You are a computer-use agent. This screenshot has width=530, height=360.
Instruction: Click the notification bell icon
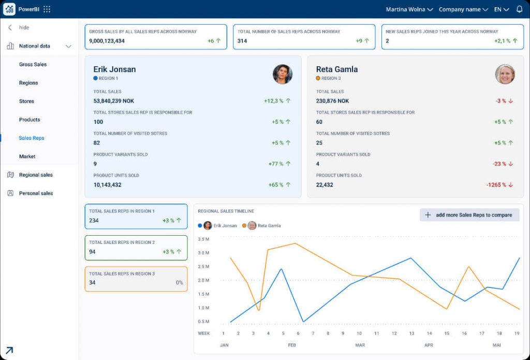pos(519,9)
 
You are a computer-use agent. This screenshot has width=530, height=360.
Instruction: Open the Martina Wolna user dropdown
pos(409,9)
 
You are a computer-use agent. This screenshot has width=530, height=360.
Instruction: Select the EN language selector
pos(501,9)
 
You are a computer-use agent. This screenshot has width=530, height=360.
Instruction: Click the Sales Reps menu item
pos(32,138)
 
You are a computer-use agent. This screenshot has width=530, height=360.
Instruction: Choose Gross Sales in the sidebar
pos(33,65)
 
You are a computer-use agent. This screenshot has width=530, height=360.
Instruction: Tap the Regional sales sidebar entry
pos(36,175)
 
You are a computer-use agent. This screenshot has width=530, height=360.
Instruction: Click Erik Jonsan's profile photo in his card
pos(283,74)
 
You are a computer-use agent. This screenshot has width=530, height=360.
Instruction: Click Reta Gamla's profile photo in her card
pos(505,74)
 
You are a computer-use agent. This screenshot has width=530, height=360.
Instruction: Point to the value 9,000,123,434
pos(107,41)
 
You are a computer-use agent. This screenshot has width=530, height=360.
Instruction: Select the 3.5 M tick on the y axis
pos(203,240)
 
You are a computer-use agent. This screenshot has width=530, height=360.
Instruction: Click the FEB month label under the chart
pos(292,345)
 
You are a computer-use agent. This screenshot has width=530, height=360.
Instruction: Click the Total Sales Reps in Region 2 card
pos(136,248)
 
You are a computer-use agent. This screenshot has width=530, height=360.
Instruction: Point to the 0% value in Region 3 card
pos(179,283)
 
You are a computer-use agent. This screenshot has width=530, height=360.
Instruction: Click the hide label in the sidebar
pos(24,27)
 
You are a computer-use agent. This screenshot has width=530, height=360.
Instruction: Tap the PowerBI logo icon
pos(9,9)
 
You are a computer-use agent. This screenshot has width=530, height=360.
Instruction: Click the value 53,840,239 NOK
pos(113,101)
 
